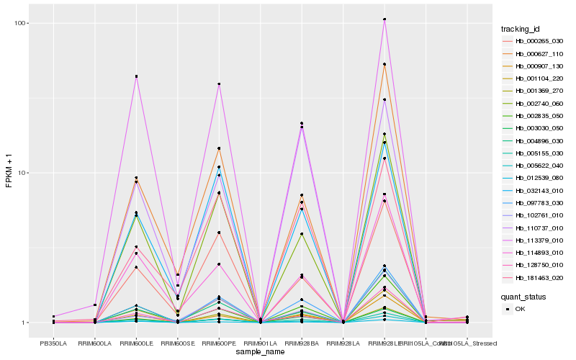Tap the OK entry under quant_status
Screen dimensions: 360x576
[520, 309]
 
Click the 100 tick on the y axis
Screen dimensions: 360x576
[22, 23]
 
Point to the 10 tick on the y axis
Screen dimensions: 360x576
[23, 173]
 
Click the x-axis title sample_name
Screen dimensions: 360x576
[260, 351]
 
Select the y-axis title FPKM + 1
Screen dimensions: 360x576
[9, 173]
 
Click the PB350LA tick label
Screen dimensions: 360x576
[53, 342]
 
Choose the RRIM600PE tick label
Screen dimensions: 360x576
[219, 342]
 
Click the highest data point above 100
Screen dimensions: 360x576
[384, 19]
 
